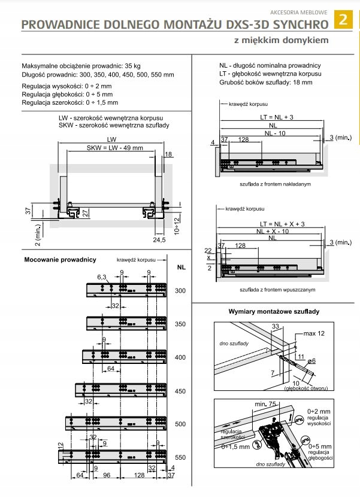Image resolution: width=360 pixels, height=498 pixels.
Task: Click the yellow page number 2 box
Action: (344, 19)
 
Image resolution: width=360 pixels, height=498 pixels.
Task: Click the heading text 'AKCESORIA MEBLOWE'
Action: (298, 11)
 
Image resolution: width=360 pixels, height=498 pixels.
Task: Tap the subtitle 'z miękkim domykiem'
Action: (281, 40)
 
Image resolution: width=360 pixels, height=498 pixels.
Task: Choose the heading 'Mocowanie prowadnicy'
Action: (60, 260)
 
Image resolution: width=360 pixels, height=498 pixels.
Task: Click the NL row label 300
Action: (180, 290)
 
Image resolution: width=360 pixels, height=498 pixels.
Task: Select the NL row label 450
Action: (180, 391)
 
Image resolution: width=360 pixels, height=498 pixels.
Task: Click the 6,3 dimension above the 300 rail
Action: (102, 277)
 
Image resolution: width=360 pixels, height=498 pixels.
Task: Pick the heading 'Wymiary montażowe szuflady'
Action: (274, 312)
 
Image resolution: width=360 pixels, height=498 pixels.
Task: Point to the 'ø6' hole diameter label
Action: (311, 361)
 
